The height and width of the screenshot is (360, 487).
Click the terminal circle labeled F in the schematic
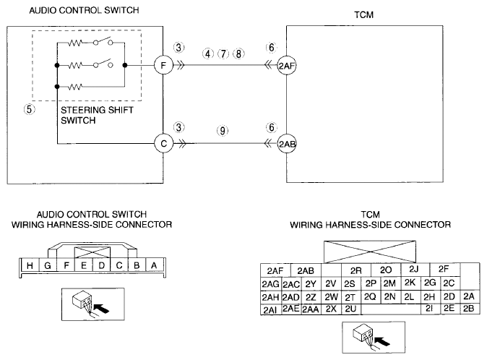[x=163, y=65]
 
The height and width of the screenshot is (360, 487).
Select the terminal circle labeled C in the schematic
[x=163, y=144]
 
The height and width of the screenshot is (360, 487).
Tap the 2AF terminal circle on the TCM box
[x=286, y=66]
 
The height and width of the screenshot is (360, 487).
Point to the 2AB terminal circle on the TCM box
[x=286, y=144]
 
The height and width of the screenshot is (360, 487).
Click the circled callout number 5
[x=29, y=109]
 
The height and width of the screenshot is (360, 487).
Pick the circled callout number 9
[x=223, y=131]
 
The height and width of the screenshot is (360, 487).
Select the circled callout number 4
[x=208, y=53]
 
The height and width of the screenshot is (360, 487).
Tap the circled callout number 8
[x=238, y=53]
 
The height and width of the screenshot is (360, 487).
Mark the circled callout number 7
[x=223, y=53]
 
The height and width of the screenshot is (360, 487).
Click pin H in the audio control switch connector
[x=30, y=265]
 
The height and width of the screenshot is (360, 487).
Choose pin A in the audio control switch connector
[x=154, y=265]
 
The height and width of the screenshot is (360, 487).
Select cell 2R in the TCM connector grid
[x=356, y=270]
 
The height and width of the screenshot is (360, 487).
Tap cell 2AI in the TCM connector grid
[x=271, y=309]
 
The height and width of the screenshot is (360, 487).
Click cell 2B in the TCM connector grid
[x=469, y=309]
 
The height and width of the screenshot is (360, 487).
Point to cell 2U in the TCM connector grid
[x=350, y=309]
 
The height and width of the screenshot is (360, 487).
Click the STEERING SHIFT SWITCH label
[x=97, y=115]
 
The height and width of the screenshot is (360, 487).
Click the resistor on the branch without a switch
[x=75, y=86]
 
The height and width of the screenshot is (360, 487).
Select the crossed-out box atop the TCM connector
[x=370, y=252]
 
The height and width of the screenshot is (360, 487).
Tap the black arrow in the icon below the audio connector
[x=101, y=309]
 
